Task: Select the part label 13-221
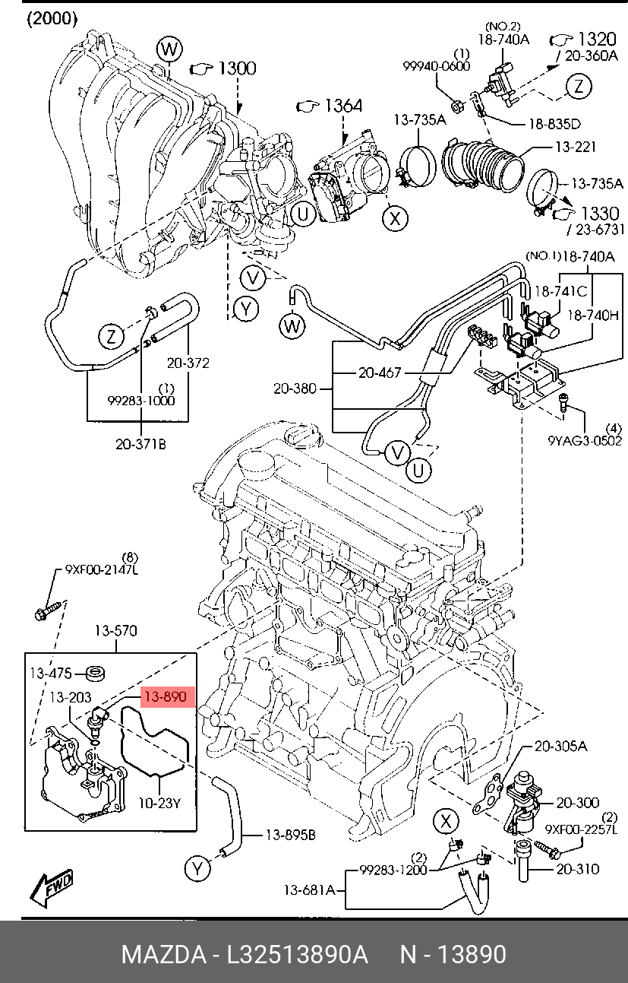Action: [576, 147]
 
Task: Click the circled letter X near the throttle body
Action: [396, 217]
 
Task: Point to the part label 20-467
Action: [380, 373]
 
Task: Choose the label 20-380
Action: [295, 388]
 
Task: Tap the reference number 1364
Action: [343, 106]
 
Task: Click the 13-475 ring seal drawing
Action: [95, 674]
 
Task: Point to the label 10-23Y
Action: [159, 803]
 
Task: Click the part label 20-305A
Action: [561, 747]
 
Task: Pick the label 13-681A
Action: [309, 890]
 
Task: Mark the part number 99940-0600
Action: [437, 66]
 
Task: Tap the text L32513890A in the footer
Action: [298, 954]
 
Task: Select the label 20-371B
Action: [140, 445]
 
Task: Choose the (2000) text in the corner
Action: [52, 18]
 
